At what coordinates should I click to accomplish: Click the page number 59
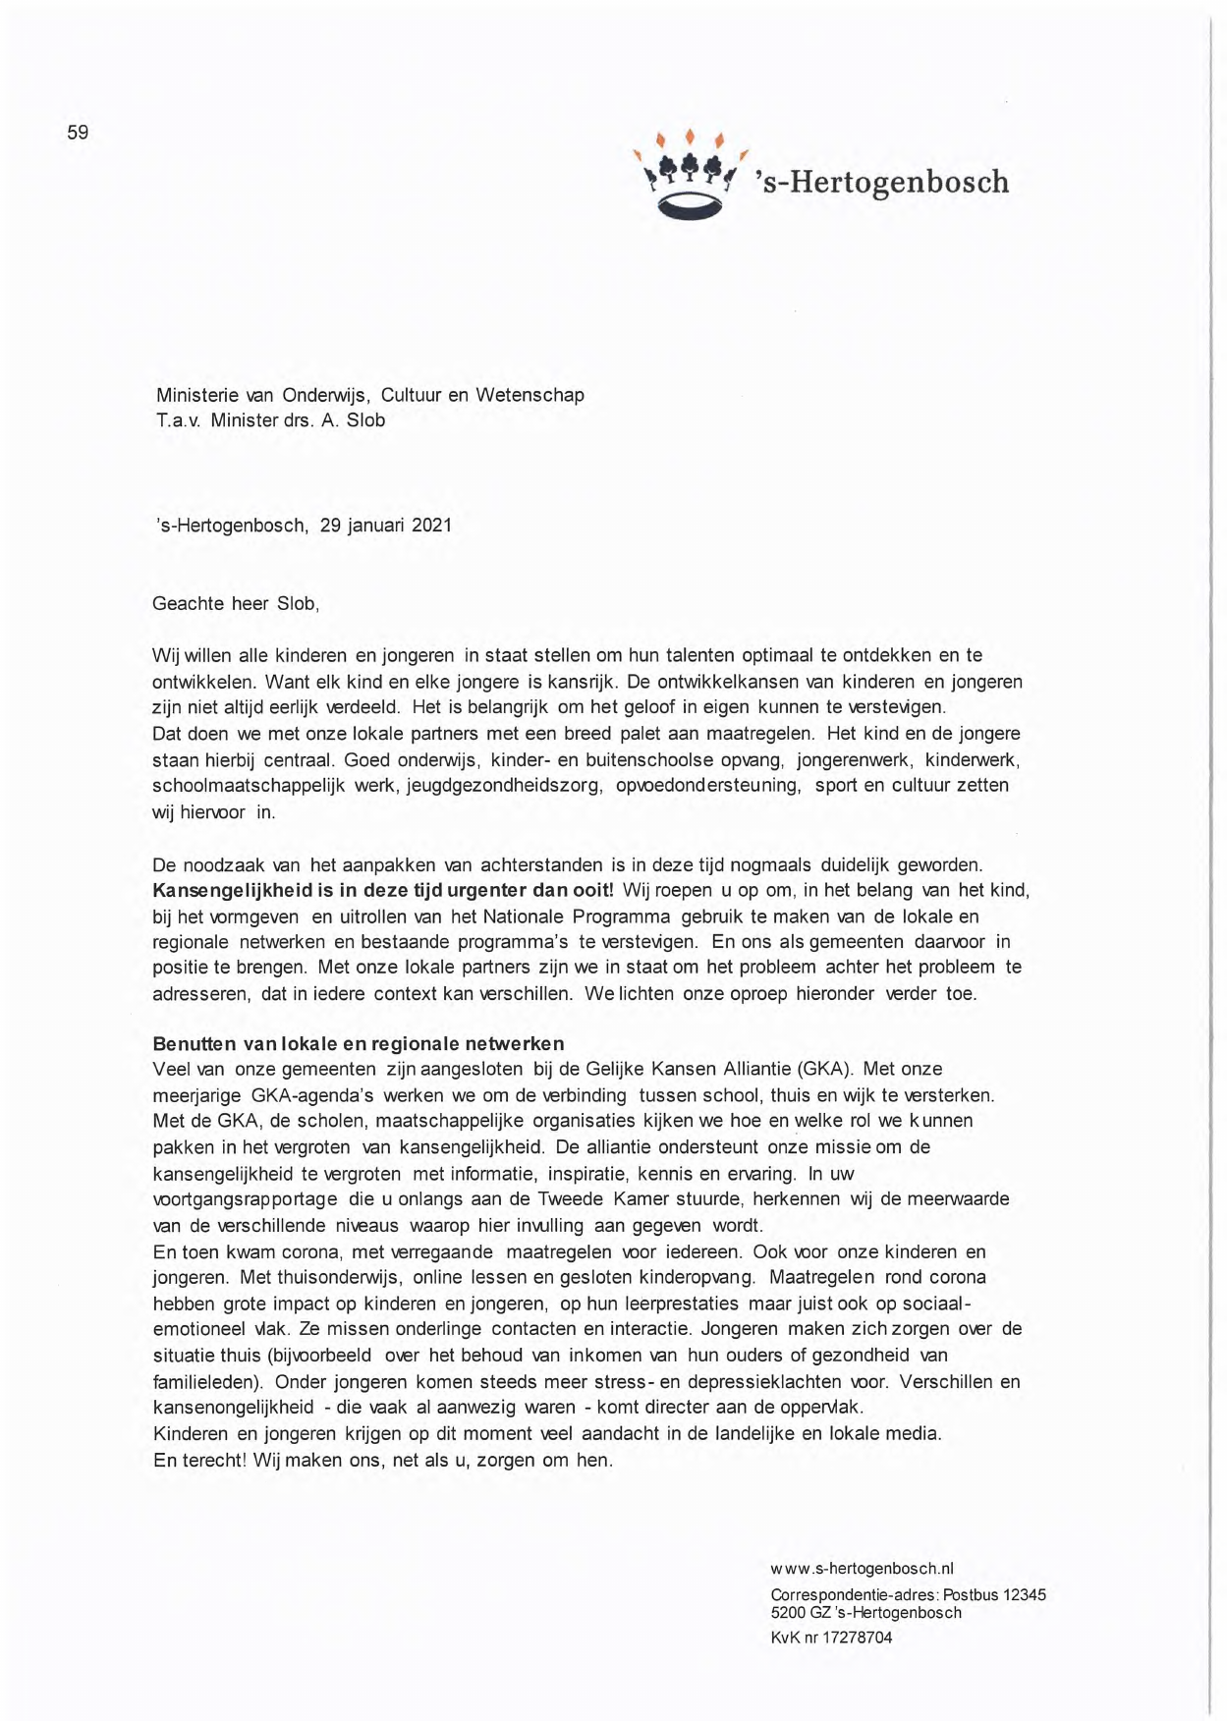click(78, 133)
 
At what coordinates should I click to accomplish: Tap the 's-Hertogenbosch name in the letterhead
click(881, 183)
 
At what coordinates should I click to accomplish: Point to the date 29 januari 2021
click(386, 526)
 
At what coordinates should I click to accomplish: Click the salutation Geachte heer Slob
click(236, 604)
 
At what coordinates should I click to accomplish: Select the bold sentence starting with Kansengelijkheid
click(383, 891)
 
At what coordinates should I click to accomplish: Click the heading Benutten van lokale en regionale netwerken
click(359, 1043)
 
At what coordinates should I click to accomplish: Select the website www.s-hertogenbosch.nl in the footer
click(862, 1569)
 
